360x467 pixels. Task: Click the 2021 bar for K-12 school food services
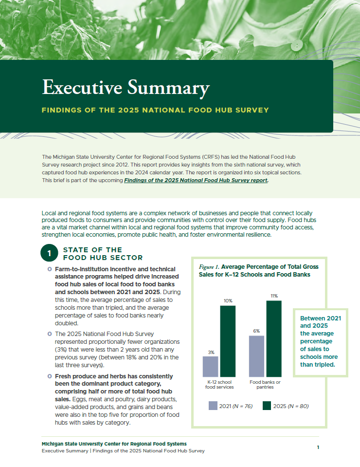click(x=210, y=366)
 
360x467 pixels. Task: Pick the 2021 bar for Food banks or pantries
click(x=256, y=356)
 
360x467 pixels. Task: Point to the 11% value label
click(x=274, y=296)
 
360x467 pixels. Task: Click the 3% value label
click(x=211, y=352)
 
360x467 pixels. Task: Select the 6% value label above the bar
click(x=256, y=331)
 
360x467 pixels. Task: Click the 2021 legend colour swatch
click(x=213, y=406)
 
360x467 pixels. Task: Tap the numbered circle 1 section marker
click(x=49, y=254)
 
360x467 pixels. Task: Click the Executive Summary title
click(x=126, y=88)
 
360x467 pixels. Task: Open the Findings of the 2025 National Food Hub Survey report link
click(x=196, y=180)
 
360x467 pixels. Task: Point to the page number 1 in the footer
click(x=318, y=447)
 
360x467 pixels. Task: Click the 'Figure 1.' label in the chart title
click(x=210, y=267)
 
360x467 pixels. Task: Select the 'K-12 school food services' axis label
click(x=219, y=384)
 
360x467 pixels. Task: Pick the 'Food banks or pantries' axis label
click(x=265, y=384)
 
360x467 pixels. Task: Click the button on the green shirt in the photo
click(x=294, y=46)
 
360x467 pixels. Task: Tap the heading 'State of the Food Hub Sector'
click(x=103, y=254)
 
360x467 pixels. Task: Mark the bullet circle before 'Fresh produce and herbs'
click(x=50, y=376)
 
